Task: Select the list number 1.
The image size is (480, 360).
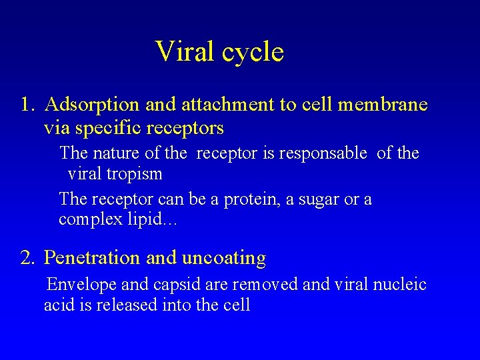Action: coord(26,105)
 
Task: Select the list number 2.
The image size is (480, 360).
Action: coord(27,258)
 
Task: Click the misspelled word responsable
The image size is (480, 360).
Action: coord(323,153)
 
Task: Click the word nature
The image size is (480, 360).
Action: coord(116,153)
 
